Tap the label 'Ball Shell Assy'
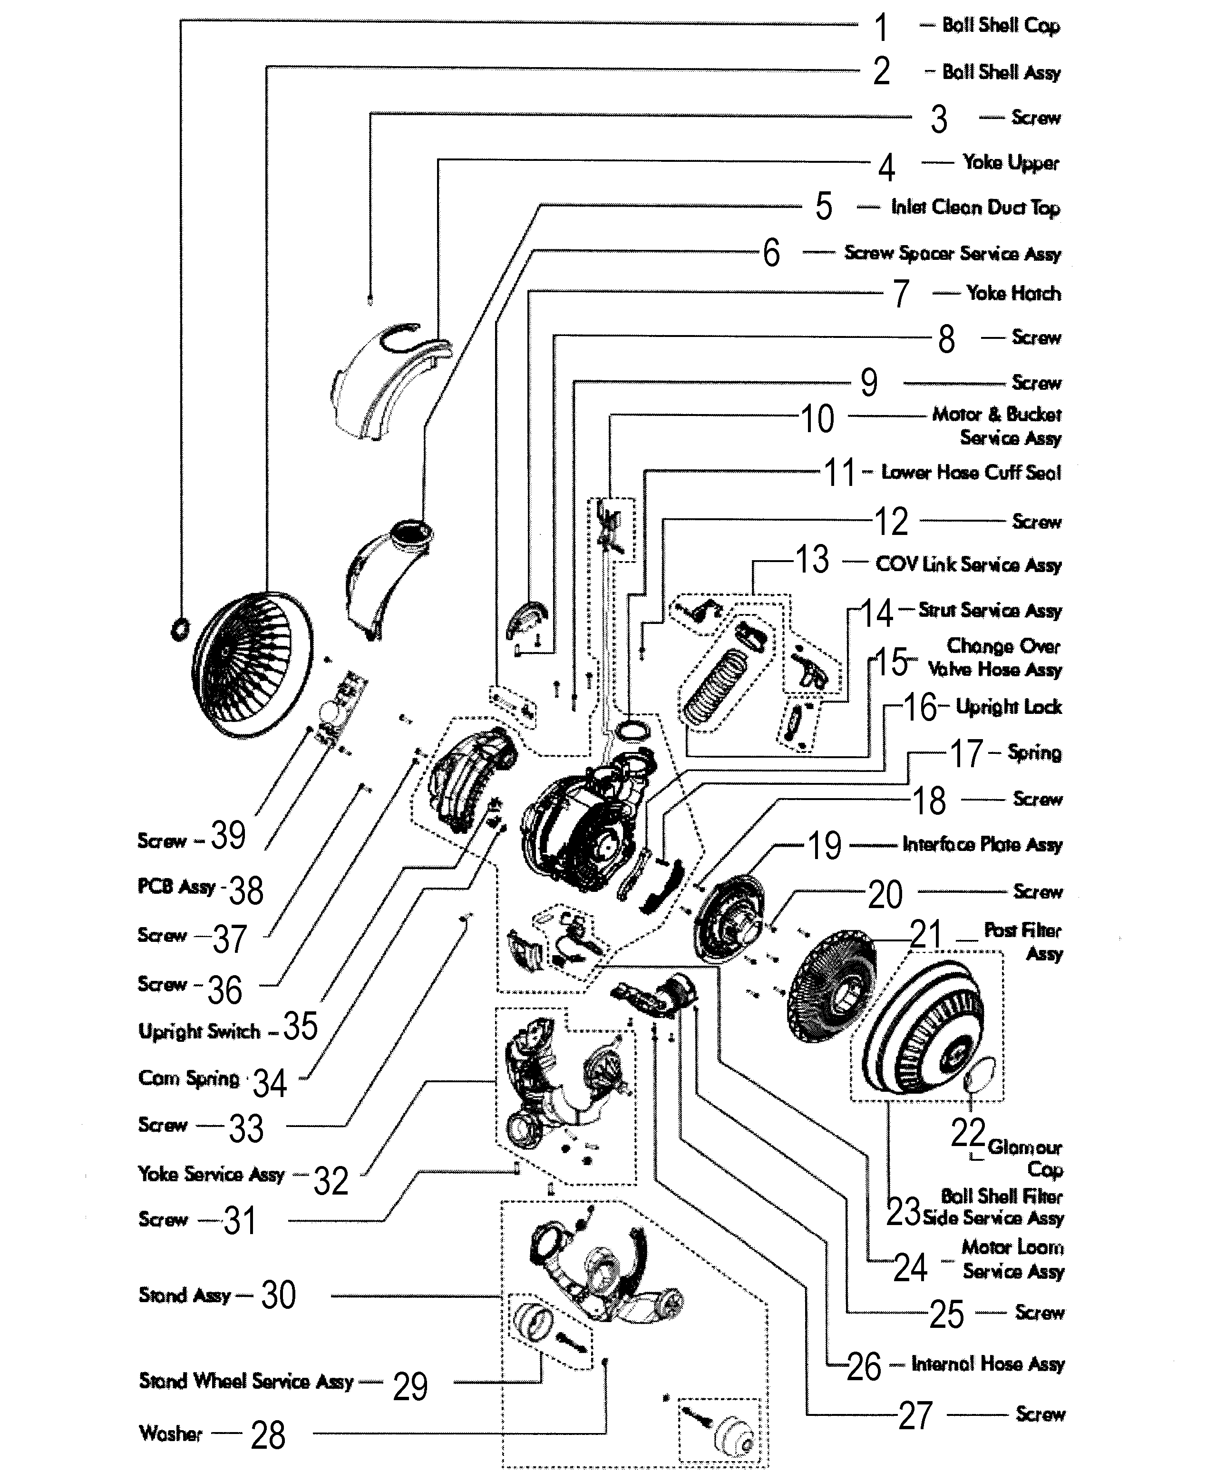tap(1001, 72)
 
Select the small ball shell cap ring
tap(179, 629)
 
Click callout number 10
tap(817, 419)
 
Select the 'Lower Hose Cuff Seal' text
tap(971, 473)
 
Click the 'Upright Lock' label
tap(1008, 707)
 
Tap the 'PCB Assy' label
tap(176, 887)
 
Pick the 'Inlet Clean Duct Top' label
tap(975, 207)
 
